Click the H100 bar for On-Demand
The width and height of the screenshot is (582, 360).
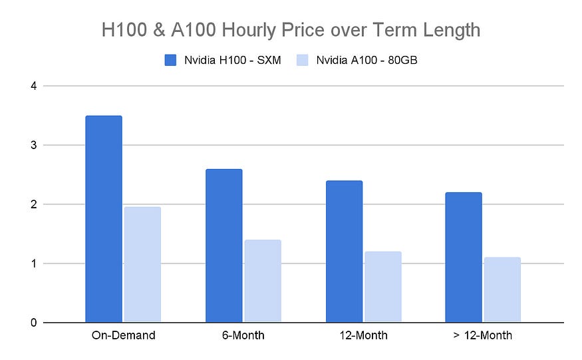click(x=104, y=220)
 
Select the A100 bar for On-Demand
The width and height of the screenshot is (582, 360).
click(x=142, y=265)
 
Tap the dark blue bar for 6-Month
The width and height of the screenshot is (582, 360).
click(x=223, y=246)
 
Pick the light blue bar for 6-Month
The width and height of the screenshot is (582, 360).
click(x=262, y=281)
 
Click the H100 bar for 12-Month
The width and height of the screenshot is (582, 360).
click(x=344, y=252)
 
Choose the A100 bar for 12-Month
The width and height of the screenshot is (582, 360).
click(x=382, y=287)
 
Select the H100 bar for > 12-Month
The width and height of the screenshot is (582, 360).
click(x=463, y=258)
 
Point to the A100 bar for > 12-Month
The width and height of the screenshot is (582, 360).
click(x=502, y=290)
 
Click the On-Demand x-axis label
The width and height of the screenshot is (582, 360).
click(x=123, y=335)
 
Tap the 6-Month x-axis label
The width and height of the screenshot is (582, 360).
click(x=243, y=335)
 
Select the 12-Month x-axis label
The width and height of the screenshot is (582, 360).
click(x=363, y=335)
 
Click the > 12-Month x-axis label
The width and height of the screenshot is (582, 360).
click(x=482, y=335)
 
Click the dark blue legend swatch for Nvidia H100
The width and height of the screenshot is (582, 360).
click(x=170, y=61)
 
